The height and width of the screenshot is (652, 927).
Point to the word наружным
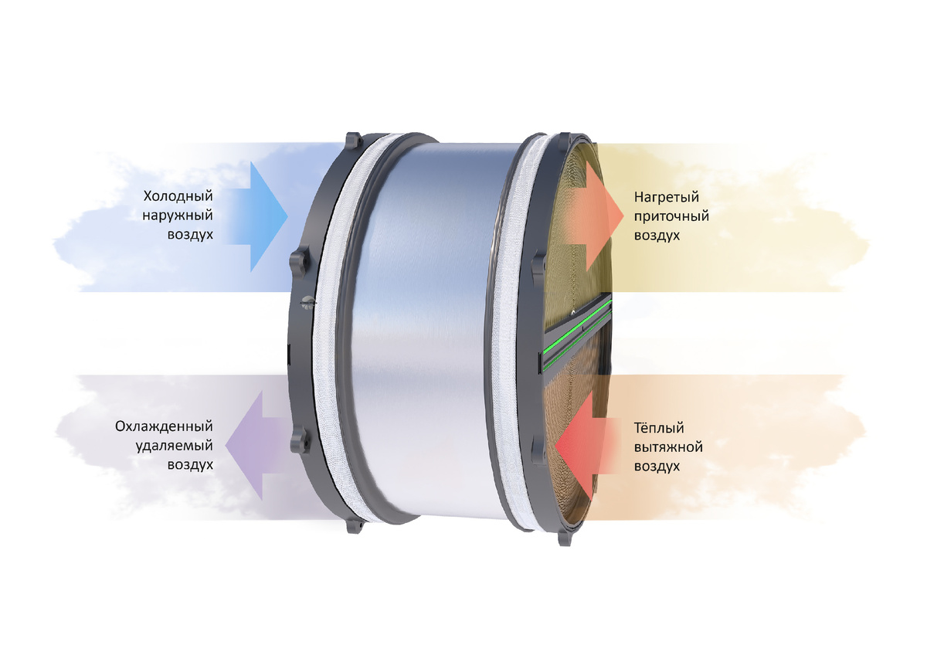click(178, 216)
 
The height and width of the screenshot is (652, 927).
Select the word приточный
click(671, 216)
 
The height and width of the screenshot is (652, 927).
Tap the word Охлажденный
click(164, 427)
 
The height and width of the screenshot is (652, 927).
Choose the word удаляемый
click(174, 447)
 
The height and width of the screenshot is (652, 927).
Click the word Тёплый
click(659, 427)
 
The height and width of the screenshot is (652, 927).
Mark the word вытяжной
click(668, 447)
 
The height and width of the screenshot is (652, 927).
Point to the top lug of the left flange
click(352, 141)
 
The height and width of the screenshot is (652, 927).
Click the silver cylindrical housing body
click(421, 332)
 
